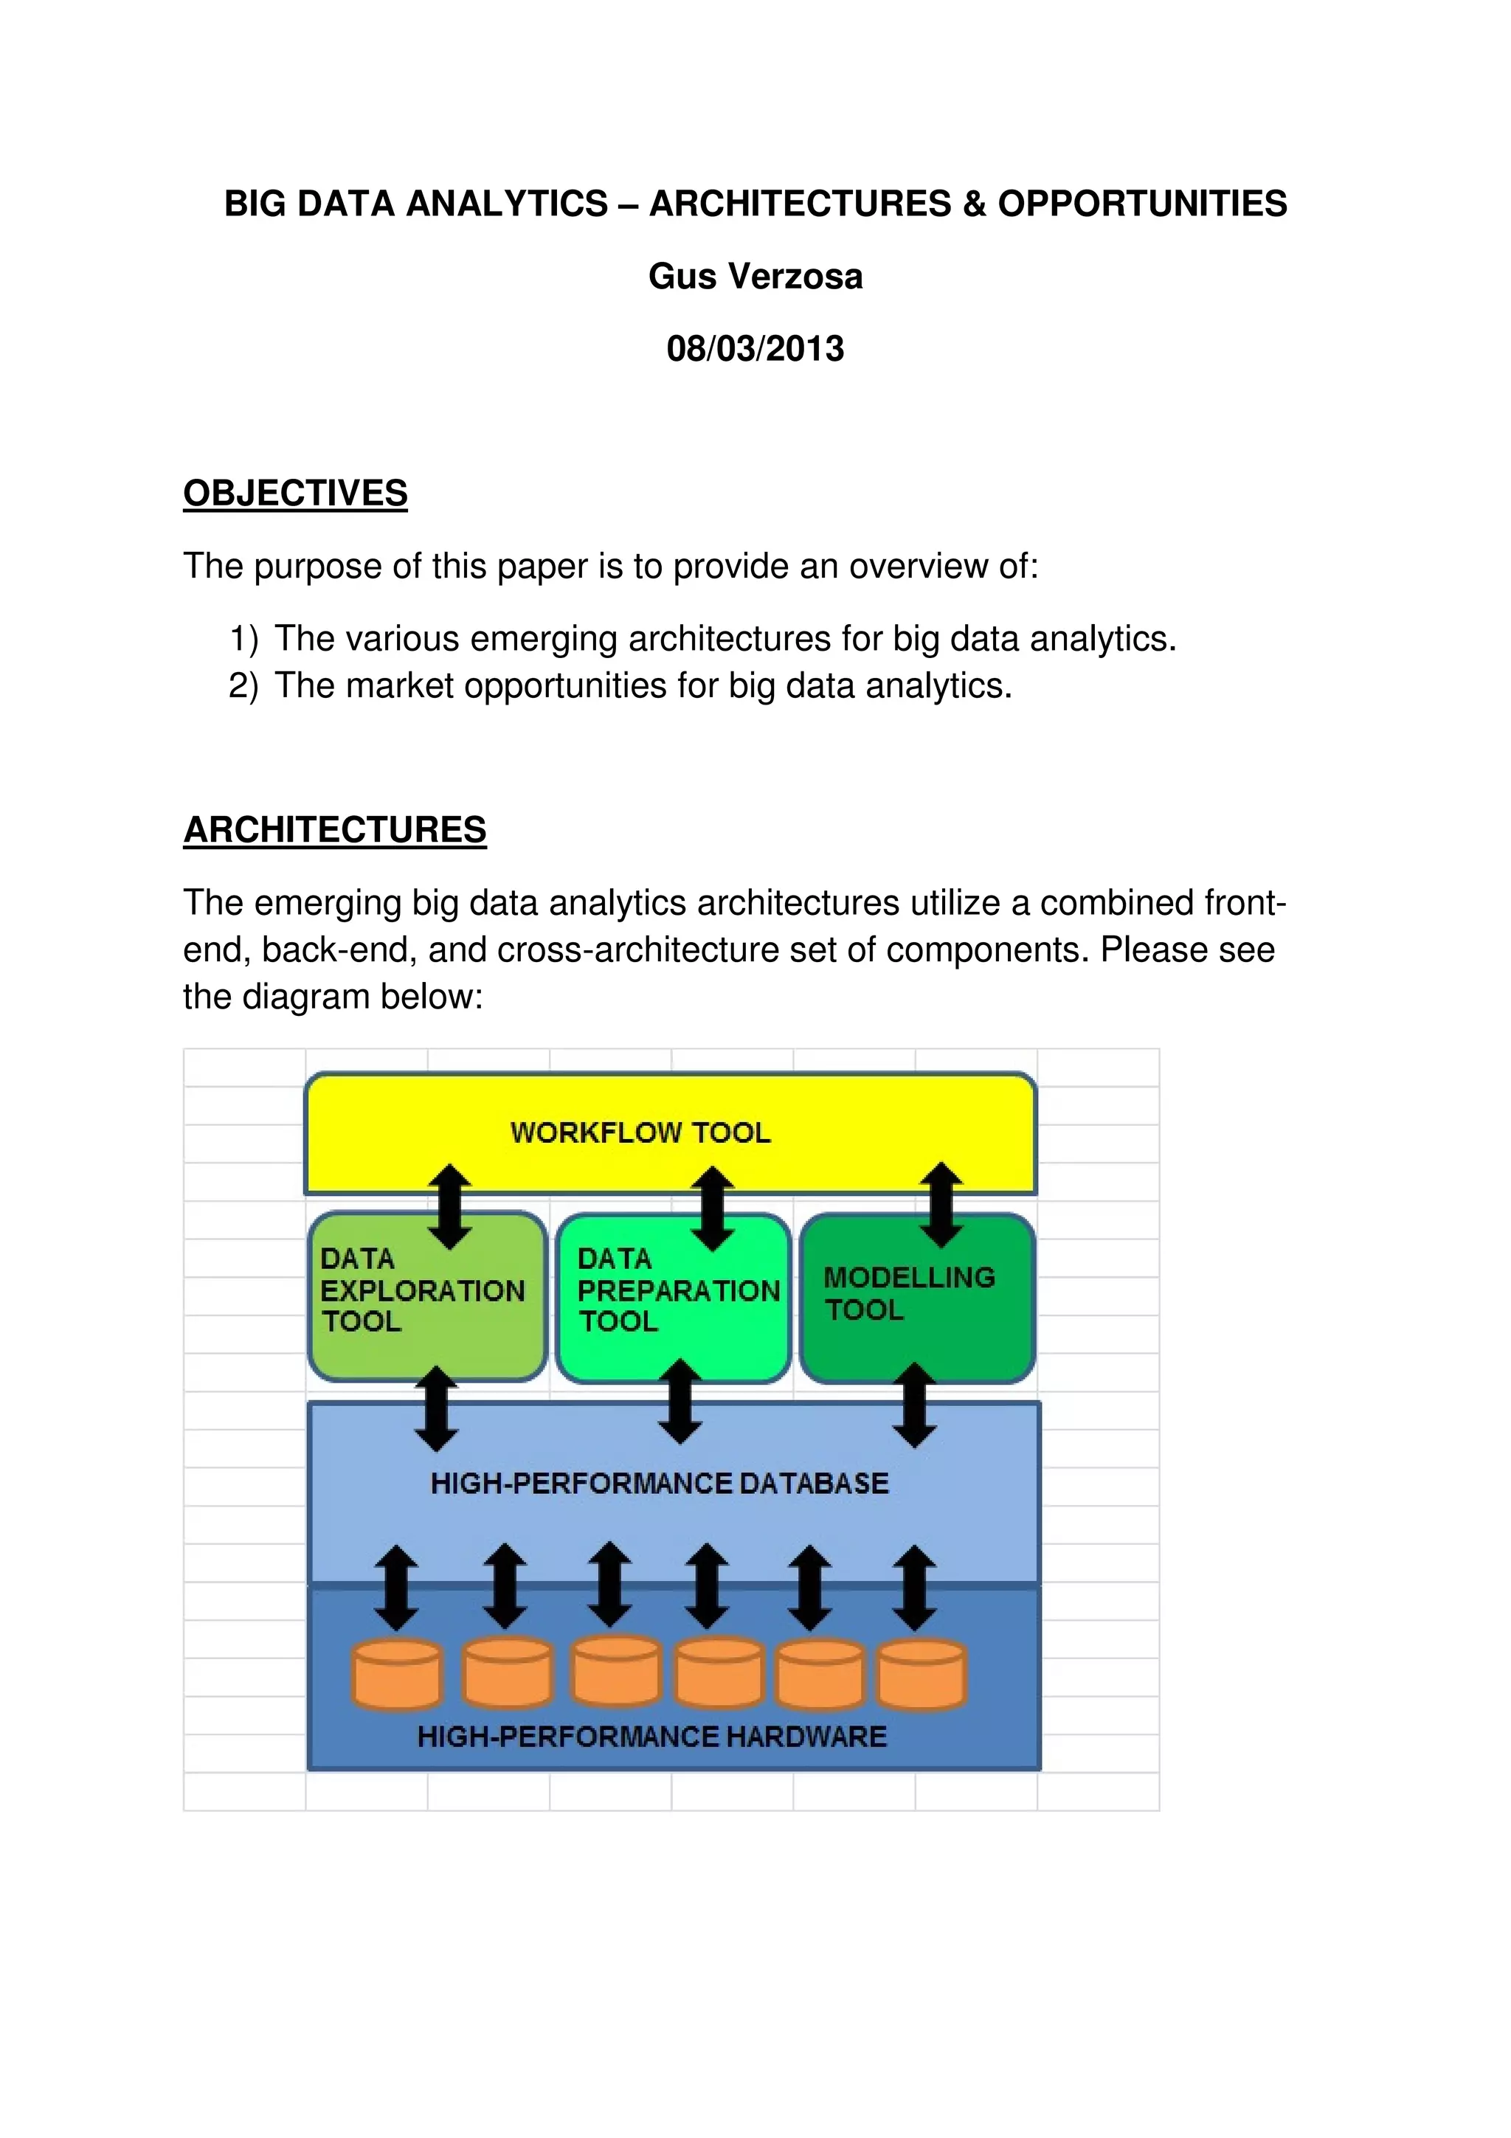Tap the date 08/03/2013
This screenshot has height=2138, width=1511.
click(x=755, y=348)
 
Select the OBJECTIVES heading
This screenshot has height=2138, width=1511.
click(x=295, y=494)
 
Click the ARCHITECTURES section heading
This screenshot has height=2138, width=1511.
click(x=334, y=830)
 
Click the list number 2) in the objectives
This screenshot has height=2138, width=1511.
click(x=243, y=686)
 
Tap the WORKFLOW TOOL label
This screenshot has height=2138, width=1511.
click(x=640, y=1132)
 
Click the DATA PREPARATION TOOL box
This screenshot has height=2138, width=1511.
click(x=673, y=1297)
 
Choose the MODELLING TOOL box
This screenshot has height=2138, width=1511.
click(x=917, y=1297)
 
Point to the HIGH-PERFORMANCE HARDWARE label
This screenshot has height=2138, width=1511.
click(x=651, y=1736)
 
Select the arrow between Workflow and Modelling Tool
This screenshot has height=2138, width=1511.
click(x=941, y=1204)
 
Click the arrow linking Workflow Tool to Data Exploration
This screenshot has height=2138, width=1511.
click(x=449, y=1206)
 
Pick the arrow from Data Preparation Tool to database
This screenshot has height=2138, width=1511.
click(x=680, y=1402)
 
